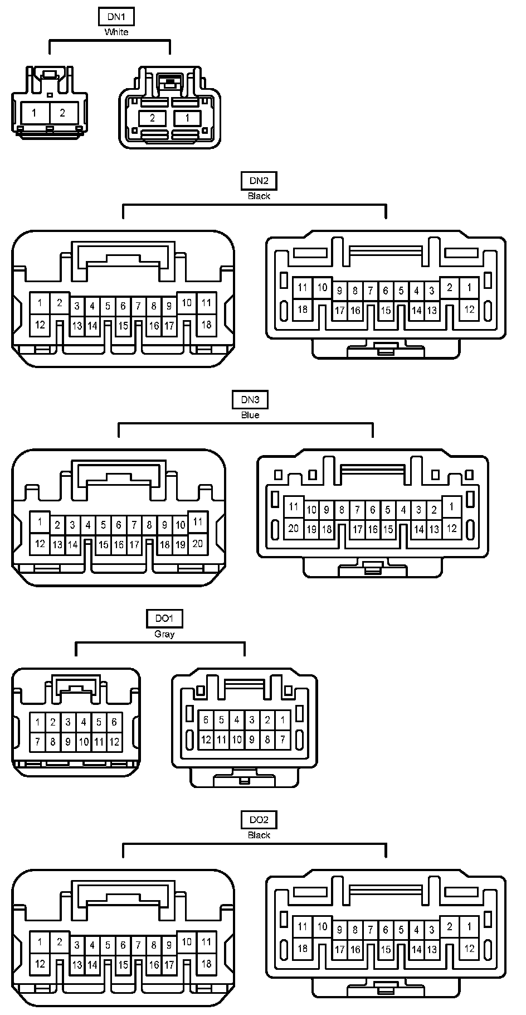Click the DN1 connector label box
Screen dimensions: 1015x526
pos(116,17)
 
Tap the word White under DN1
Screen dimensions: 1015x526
pos(116,32)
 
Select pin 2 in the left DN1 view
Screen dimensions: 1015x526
pos(62,113)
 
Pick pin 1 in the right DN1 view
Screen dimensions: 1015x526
pos(187,118)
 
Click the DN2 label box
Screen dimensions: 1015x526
pos(259,180)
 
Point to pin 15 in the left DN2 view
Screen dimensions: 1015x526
pos(123,326)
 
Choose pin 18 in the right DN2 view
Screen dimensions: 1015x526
pos(303,309)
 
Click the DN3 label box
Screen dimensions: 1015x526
pos(250,399)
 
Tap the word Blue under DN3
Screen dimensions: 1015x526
pos(250,415)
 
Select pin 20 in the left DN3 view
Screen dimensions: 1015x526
pos(198,544)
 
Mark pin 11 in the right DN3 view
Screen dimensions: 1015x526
pos(294,507)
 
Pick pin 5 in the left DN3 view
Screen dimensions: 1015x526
pos(103,525)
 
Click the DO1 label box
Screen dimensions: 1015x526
pos(164,618)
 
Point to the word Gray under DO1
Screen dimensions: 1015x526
pos(164,634)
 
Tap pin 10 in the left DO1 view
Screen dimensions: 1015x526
pos(84,742)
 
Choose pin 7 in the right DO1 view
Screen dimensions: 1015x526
pos(283,740)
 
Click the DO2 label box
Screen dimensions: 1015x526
pos(259,820)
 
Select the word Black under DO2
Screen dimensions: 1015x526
pos(259,835)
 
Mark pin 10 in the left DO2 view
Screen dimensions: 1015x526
pos(187,942)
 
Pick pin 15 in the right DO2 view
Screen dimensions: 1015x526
pos(386,950)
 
